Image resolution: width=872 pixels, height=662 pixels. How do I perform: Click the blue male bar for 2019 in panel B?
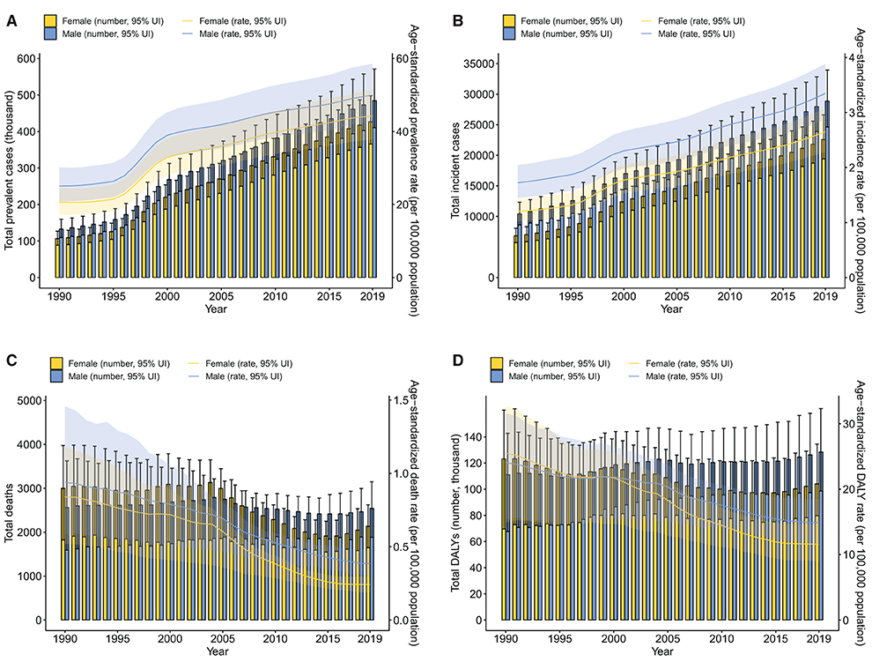coord(826,190)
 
